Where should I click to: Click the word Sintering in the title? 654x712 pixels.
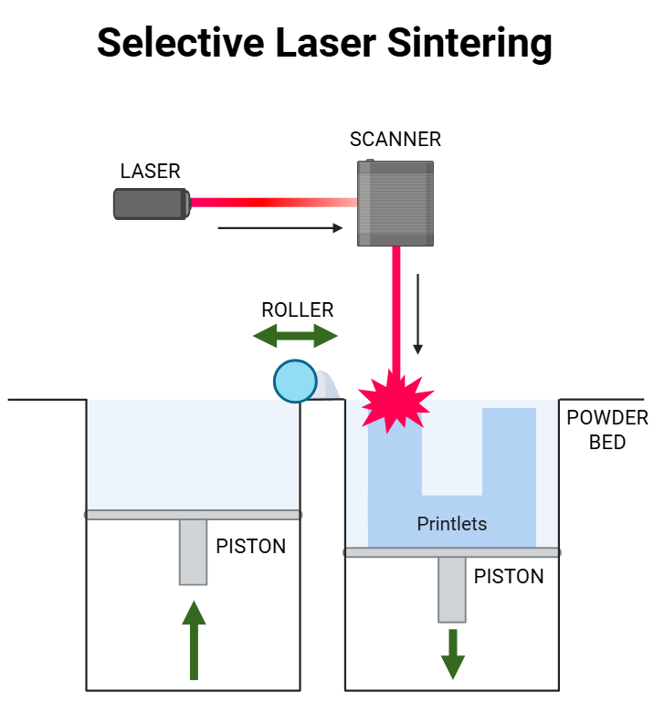click(x=474, y=42)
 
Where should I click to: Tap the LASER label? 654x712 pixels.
click(x=150, y=172)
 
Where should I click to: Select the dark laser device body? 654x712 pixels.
click(x=151, y=204)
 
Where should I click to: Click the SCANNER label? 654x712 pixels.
click(x=396, y=140)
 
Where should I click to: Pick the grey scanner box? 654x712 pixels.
click(x=396, y=204)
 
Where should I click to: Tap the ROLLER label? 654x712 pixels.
click(x=298, y=310)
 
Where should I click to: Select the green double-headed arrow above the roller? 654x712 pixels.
click(x=295, y=336)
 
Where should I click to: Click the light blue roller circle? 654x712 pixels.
click(x=295, y=381)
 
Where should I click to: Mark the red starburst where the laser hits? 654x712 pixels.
click(x=394, y=400)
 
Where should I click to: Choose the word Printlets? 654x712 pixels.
click(x=451, y=524)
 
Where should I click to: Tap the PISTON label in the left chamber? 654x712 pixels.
click(x=250, y=547)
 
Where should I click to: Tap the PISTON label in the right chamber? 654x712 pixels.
click(x=508, y=577)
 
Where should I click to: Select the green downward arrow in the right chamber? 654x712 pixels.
click(x=452, y=653)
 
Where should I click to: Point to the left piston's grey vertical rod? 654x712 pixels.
click(x=193, y=551)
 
